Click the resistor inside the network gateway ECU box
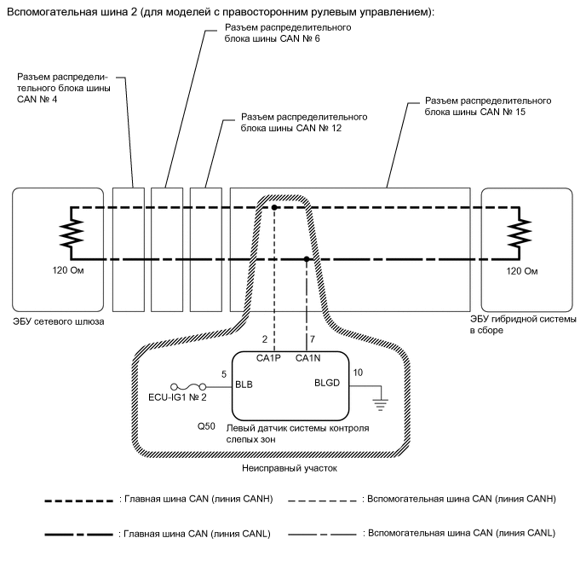coord(72,233)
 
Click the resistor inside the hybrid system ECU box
coord(519,233)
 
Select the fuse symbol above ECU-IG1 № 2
coord(188,387)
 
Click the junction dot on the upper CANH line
coord(274,207)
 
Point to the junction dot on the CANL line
coord(307,259)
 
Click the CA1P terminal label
coord(268,358)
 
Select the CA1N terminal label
coord(308,358)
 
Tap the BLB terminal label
coord(244,385)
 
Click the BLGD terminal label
coord(327,383)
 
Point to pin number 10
coord(358,373)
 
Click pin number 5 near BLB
coord(224,374)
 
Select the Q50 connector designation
coord(206,426)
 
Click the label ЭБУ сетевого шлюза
coord(59,321)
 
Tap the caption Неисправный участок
coord(290,468)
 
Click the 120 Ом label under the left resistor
coord(68,270)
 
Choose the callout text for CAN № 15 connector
coord(488,107)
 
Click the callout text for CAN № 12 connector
coord(304,122)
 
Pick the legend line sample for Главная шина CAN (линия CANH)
coord(79,500)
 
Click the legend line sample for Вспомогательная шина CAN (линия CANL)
coord(322,535)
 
